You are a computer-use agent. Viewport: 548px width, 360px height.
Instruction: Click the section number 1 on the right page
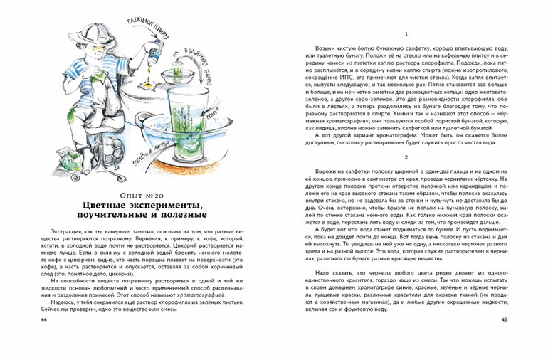pyautogui.click(x=404, y=36)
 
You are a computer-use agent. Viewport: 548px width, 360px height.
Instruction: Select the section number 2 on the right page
pyautogui.click(x=404, y=157)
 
